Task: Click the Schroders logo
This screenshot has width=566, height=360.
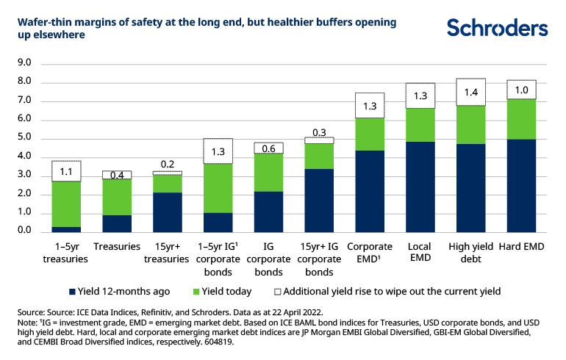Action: click(498, 28)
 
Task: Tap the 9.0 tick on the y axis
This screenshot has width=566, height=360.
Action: click(24, 63)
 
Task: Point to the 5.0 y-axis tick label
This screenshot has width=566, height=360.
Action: click(24, 137)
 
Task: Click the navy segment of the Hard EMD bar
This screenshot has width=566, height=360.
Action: click(521, 185)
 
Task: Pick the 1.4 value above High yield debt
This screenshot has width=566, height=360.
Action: click(470, 93)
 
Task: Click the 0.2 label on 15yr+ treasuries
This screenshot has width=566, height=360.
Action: click(168, 165)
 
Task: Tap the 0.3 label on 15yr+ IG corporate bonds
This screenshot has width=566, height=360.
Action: click(319, 132)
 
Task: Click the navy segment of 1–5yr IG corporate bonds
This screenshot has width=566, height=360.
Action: click(218, 222)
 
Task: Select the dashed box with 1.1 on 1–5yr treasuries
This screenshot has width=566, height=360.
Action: click(65, 171)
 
